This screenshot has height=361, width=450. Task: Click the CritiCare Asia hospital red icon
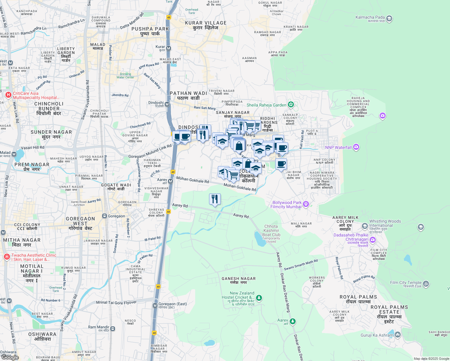(8, 95)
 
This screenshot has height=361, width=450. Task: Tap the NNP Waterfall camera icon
(356, 147)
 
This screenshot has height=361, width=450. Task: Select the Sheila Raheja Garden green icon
(291, 105)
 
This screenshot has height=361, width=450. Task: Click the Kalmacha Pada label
(370, 17)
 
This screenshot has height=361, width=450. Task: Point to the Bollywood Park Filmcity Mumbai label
(286, 205)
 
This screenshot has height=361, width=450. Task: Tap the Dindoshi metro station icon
(167, 104)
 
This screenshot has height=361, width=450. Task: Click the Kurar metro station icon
(169, 48)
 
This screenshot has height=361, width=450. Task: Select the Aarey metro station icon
(171, 181)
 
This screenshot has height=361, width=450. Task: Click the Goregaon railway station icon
(104, 216)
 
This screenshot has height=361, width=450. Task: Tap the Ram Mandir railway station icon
(112, 329)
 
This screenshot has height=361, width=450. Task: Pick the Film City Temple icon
(426, 283)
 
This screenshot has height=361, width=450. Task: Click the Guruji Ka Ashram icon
(398, 335)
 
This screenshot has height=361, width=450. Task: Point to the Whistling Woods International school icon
(365, 226)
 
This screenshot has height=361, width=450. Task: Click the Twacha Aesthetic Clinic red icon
(7, 257)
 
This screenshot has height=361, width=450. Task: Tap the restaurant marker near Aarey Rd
(215, 199)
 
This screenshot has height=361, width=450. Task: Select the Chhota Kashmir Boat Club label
(271, 230)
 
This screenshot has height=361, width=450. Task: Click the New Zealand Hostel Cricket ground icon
(259, 298)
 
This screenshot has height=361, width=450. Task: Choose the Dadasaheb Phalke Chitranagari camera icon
(373, 239)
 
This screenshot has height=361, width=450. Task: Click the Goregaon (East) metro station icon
(155, 306)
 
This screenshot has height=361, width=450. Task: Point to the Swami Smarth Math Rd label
(301, 265)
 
